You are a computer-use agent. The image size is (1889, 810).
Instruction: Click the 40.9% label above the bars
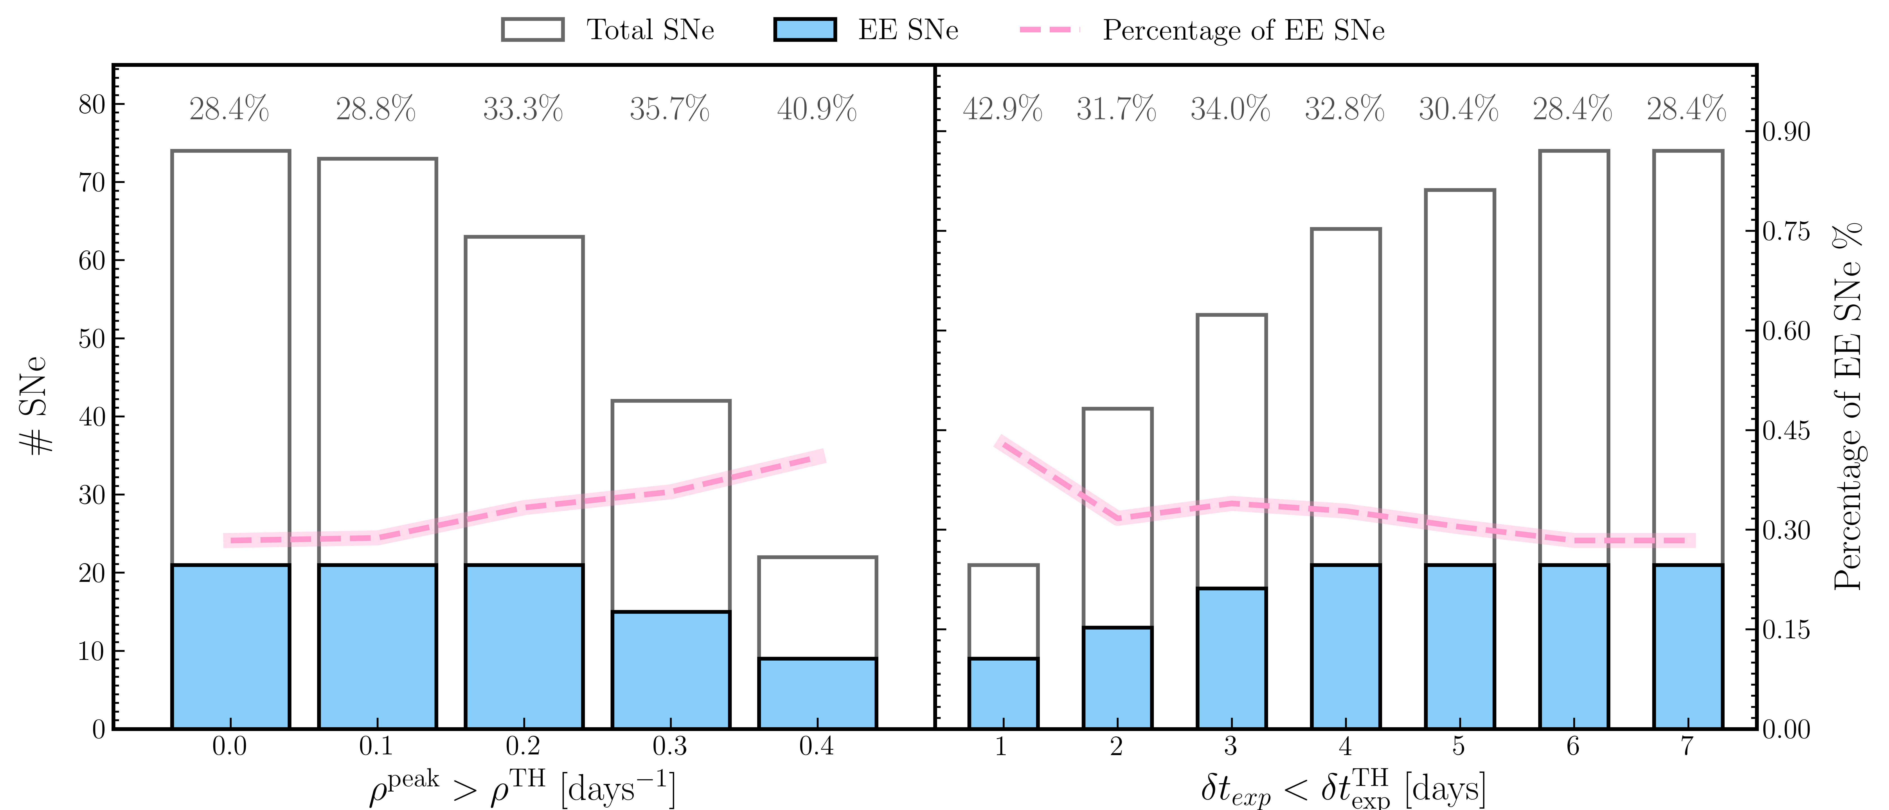[x=817, y=109]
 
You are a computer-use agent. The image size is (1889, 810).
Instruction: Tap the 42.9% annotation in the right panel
[x=1003, y=109]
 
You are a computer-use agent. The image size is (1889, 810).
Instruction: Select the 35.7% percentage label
[x=669, y=109]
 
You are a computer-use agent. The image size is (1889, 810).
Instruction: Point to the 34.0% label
[x=1231, y=109]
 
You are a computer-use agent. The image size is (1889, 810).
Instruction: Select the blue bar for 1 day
[x=1003, y=693]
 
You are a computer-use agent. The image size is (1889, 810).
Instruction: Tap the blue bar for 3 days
[x=1231, y=658]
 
